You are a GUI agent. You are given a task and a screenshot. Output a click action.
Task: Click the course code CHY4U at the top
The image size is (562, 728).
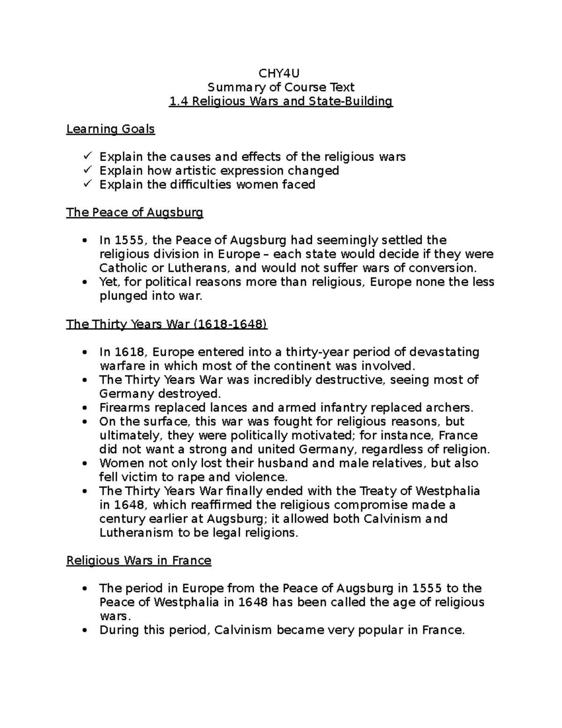click(281, 74)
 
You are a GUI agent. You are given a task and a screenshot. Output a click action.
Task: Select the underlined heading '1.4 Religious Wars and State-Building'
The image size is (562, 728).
click(281, 101)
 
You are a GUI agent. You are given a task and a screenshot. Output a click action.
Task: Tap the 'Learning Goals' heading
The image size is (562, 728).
click(111, 129)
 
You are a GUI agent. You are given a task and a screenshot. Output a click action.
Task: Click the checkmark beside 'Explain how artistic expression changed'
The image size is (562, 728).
click(88, 170)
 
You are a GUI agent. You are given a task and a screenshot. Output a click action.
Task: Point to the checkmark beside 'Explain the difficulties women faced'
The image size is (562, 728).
click(88, 184)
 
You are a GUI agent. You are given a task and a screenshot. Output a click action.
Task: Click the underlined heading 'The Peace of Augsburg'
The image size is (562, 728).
click(135, 213)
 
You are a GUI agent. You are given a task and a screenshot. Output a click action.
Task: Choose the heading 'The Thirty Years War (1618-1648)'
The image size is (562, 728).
click(167, 324)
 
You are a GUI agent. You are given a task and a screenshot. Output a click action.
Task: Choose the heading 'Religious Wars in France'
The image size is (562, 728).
click(139, 561)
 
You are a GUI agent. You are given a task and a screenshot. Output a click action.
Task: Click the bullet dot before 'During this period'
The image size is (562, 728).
click(84, 630)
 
